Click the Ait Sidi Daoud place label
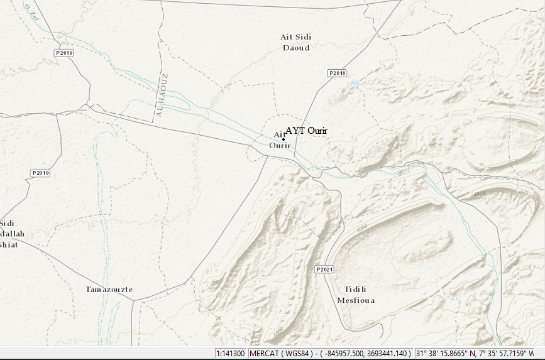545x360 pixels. (295, 42)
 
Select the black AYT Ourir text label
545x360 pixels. (307, 131)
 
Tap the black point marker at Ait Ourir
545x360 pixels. (283, 139)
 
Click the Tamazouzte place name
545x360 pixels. (109, 290)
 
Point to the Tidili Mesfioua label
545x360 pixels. (356, 295)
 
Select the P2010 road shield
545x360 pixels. (338, 73)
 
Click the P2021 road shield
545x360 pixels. (324, 270)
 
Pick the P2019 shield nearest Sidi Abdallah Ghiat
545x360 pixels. (40, 173)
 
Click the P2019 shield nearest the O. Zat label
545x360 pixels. (64, 53)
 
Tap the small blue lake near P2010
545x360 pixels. (356, 84)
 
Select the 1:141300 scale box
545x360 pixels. (231, 353)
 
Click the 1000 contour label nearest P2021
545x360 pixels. (361, 228)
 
